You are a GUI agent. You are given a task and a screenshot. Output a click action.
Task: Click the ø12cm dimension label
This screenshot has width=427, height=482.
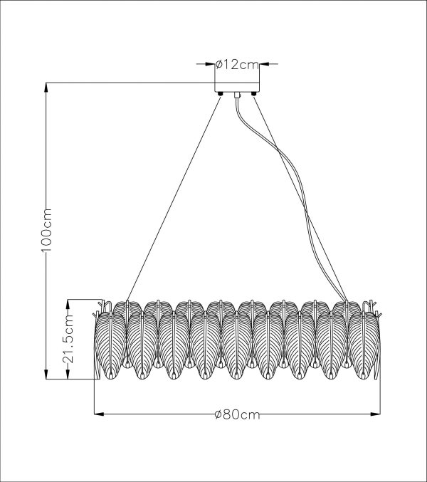coord(236,65)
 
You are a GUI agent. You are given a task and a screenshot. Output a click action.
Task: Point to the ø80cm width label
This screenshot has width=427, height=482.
coord(236,416)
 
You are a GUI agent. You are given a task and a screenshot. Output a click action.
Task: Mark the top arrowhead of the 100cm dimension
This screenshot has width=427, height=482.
coord(47,87)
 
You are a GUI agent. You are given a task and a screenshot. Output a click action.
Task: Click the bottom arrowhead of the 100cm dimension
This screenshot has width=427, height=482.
coord(47,375)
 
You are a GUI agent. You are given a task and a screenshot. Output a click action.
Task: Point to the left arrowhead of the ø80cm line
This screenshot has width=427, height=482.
coord(97,412)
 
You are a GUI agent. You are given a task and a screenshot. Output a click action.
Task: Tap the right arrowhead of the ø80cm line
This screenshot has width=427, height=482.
coord(376,412)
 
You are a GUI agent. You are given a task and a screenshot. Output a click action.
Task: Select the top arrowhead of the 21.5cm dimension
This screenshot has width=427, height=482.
coord(70,302)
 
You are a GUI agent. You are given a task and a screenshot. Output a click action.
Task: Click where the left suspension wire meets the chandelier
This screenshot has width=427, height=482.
coord(127,302)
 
